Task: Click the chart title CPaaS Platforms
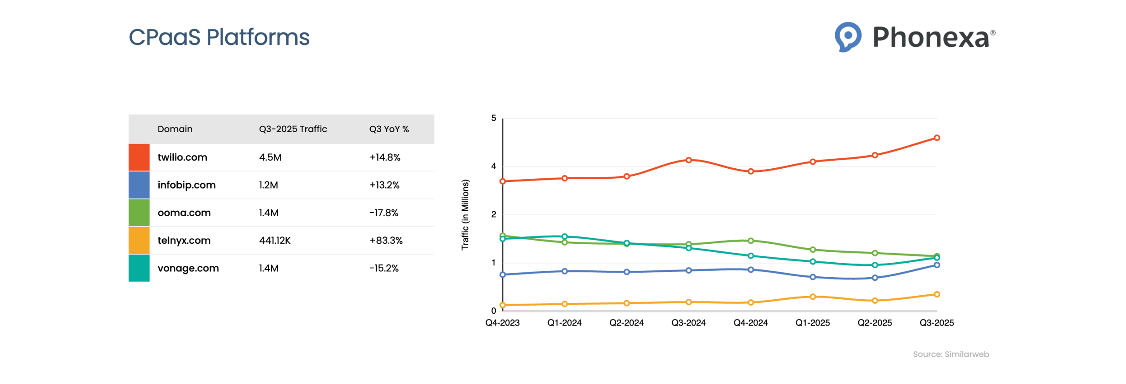click(x=219, y=37)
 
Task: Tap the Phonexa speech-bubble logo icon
click(x=847, y=36)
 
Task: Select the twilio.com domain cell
click(x=182, y=157)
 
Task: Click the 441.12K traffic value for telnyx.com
click(x=274, y=240)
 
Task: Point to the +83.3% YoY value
click(x=385, y=240)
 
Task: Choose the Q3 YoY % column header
click(x=388, y=129)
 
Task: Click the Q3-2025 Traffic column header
click(x=292, y=129)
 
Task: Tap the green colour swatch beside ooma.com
click(x=139, y=213)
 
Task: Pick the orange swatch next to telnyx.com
click(x=139, y=240)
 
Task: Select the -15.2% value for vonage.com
click(x=384, y=268)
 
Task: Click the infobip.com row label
click(x=186, y=185)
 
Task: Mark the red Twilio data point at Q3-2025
click(x=936, y=138)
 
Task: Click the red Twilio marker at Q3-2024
click(x=688, y=160)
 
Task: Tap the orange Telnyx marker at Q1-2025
click(x=812, y=297)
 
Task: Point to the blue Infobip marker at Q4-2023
click(x=502, y=275)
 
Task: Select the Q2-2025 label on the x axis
click(x=874, y=323)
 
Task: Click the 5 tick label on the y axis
click(x=493, y=118)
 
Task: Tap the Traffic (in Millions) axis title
click(x=464, y=214)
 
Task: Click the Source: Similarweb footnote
click(x=950, y=354)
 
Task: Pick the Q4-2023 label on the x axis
click(x=502, y=323)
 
